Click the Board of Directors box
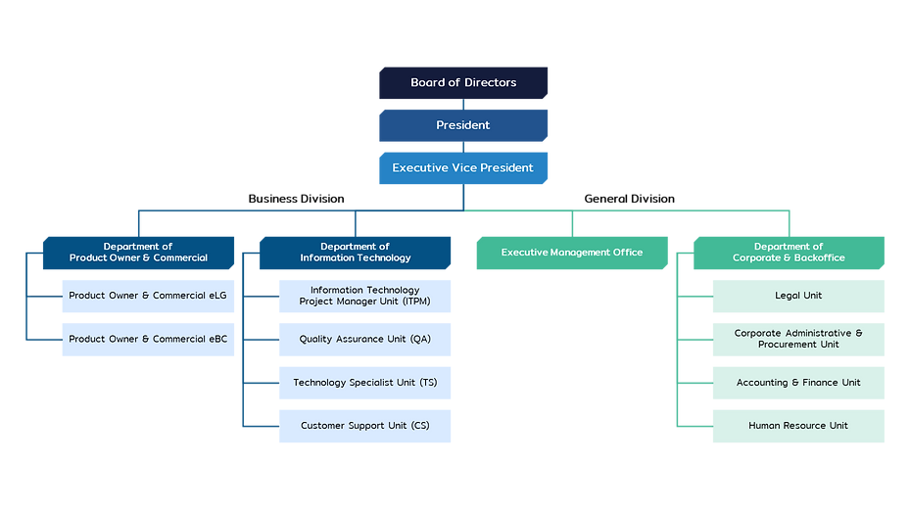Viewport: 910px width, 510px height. coord(463,83)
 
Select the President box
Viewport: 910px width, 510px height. coord(463,125)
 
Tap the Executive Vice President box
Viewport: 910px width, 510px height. coord(463,168)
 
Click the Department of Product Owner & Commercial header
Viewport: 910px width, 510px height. coord(138,253)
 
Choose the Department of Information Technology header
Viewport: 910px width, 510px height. coord(355,253)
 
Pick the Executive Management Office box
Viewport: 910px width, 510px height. coord(572,253)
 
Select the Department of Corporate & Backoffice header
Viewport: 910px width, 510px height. coord(789,253)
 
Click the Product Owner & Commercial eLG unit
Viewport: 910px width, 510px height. coord(148,296)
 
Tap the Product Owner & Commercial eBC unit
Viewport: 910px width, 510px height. coord(148,339)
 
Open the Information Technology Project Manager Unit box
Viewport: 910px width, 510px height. coord(364,296)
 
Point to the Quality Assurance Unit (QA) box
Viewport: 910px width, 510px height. coord(364,339)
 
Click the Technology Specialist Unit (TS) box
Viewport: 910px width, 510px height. coord(364,383)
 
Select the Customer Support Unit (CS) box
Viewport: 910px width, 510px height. coord(364,426)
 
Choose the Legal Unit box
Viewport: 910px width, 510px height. coord(798,296)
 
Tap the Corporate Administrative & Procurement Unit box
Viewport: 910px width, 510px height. coord(798,339)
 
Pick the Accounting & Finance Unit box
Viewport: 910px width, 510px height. coord(798,383)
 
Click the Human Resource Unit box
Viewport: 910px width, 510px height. coord(798,426)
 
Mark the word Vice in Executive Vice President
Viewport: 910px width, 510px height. coord(464,168)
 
